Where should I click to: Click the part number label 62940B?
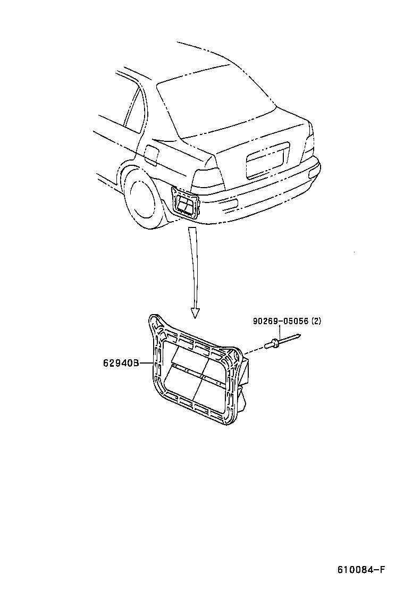pyautogui.click(x=121, y=364)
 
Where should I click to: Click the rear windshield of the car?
pyautogui.click(x=213, y=101)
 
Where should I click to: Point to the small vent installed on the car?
pyautogui.click(x=186, y=204)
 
